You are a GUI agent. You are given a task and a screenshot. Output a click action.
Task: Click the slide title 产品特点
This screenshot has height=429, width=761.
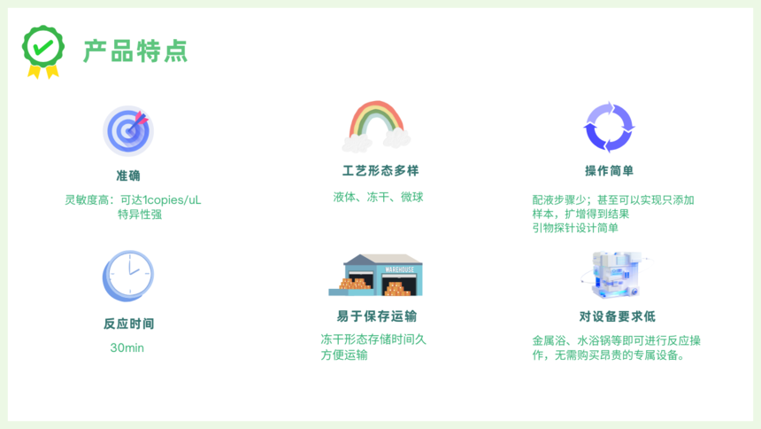click(135, 51)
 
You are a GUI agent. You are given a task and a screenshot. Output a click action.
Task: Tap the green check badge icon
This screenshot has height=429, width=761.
click(43, 51)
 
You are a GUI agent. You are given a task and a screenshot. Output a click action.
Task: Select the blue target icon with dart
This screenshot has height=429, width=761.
click(128, 131)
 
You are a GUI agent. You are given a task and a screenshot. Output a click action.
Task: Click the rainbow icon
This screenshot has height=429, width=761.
click(377, 126)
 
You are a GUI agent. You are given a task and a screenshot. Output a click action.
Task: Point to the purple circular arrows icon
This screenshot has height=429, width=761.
click(609, 128)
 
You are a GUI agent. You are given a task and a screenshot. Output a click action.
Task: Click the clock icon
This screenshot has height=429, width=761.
click(128, 276)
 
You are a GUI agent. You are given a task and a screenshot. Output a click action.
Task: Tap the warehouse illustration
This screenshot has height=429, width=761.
click(376, 275)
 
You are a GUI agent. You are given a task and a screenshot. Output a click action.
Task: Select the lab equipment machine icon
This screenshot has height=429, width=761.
click(617, 274)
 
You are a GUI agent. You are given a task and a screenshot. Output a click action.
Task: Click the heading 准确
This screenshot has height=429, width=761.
click(128, 175)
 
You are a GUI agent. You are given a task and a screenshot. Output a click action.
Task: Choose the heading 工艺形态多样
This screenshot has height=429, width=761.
click(380, 171)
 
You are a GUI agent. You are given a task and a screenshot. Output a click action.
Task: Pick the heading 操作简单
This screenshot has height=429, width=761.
click(609, 171)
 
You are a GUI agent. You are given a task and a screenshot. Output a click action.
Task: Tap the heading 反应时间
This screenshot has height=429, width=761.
click(128, 324)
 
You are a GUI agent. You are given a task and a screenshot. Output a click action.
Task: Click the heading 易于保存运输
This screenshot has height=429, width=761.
click(377, 316)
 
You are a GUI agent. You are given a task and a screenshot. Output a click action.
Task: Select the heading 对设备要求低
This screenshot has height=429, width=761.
click(618, 316)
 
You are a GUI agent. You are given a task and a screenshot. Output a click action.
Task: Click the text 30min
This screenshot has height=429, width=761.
click(127, 347)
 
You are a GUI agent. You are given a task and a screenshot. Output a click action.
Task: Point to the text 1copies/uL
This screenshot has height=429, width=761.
click(172, 200)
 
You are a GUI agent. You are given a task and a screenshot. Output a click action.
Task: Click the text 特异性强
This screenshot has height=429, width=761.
click(140, 214)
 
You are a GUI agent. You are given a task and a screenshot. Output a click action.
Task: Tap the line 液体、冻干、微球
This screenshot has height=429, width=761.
click(378, 197)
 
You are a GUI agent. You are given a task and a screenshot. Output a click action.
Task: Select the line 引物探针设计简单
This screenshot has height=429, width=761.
click(575, 228)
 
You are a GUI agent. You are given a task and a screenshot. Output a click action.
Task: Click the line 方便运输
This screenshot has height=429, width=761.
click(344, 355)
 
